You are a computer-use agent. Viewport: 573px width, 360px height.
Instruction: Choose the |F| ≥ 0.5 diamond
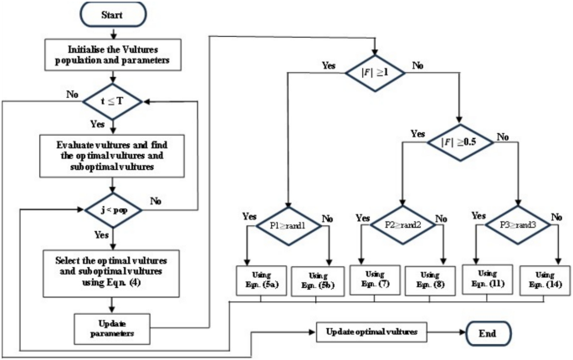[459, 142]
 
